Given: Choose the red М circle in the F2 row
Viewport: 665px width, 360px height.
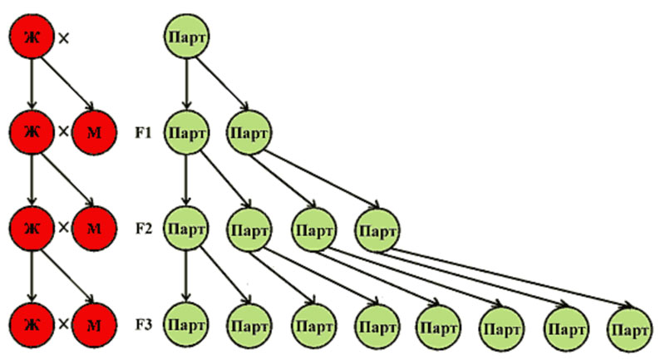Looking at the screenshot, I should click(x=95, y=227).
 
